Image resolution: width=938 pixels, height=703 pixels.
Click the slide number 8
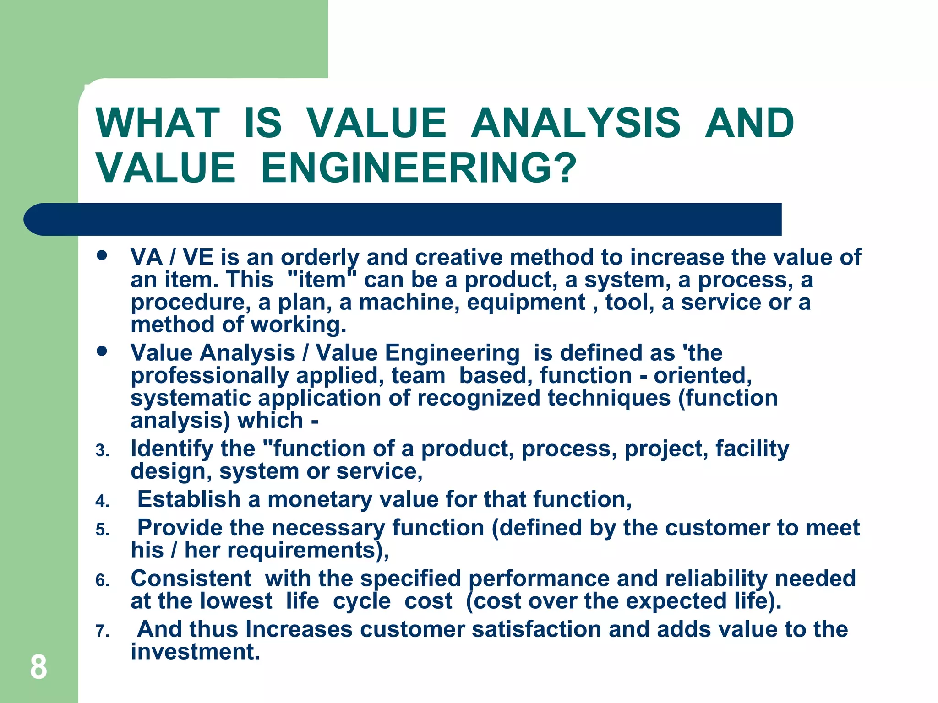tap(38, 667)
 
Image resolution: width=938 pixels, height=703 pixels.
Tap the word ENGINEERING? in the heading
tap(418, 168)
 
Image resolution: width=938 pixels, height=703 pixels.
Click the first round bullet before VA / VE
tap(102, 255)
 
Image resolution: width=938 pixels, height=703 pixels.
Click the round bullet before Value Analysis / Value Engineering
tap(102, 351)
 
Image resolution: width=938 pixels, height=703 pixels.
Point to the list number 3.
tap(102, 451)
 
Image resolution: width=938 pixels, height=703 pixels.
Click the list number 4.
tap(102, 502)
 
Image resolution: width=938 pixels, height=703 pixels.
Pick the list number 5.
tap(102, 530)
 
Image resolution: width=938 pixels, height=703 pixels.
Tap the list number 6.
tap(102, 581)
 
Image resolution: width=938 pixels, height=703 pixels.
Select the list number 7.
tap(102, 632)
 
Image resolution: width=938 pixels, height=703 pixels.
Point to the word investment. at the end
tap(195, 651)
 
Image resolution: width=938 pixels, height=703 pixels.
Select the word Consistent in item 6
tap(191, 579)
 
